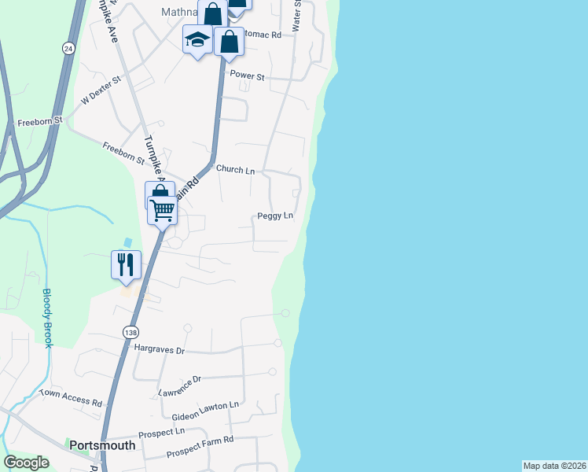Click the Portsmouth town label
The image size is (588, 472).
pos(102,445)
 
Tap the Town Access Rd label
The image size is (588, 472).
pos(71,397)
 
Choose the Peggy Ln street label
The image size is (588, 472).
pos(275,216)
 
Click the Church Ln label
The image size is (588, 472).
pos(235,170)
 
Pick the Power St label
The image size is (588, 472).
pos(246,77)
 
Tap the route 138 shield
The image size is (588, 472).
pos(131,333)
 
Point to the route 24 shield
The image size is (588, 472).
pos(69,48)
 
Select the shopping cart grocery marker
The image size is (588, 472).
pos(162,209)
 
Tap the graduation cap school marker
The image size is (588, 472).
pos(197,39)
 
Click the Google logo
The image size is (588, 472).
pos(26,463)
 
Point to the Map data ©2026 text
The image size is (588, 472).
pos(554,466)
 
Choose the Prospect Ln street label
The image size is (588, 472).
pos(161,433)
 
